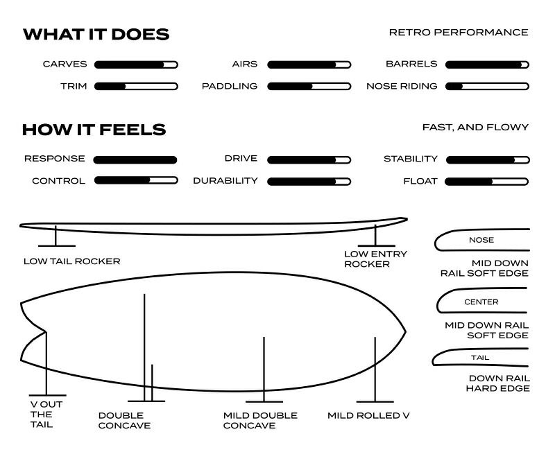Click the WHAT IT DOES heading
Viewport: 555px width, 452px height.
(x=96, y=35)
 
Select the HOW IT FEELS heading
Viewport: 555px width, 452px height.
(x=94, y=130)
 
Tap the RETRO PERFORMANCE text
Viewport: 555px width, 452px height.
(x=458, y=33)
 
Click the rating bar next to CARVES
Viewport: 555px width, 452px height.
(x=136, y=64)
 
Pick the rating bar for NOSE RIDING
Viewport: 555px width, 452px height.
(x=487, y=87)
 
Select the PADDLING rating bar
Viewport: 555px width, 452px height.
(x=309, y=87)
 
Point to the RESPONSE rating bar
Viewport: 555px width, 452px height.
(x=135, y=159)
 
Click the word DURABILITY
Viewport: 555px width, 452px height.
(x=225, y=181)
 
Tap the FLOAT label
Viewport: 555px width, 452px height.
(x=420, y=181)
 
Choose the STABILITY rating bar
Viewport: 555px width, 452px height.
(x=487, y=159)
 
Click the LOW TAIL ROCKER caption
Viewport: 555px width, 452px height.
(x=71, y=261)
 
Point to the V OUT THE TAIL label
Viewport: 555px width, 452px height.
(x=41, y=415)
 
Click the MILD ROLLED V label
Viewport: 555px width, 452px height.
(x=368, y=415)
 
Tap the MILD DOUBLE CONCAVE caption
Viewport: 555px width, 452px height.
(x=260, y=420)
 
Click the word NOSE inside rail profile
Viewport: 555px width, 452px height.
(x=481, y=240)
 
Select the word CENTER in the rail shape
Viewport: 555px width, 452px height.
(x=481, y=302)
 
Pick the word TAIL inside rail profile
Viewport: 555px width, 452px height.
(x=479, y=358)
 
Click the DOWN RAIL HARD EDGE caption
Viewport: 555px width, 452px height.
(x=497, y=383)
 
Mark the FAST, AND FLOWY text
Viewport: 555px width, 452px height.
(x=475, y=128)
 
